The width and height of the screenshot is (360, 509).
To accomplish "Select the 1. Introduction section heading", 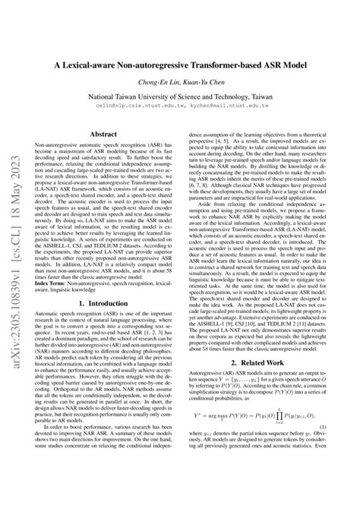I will (x=103, y=324).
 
